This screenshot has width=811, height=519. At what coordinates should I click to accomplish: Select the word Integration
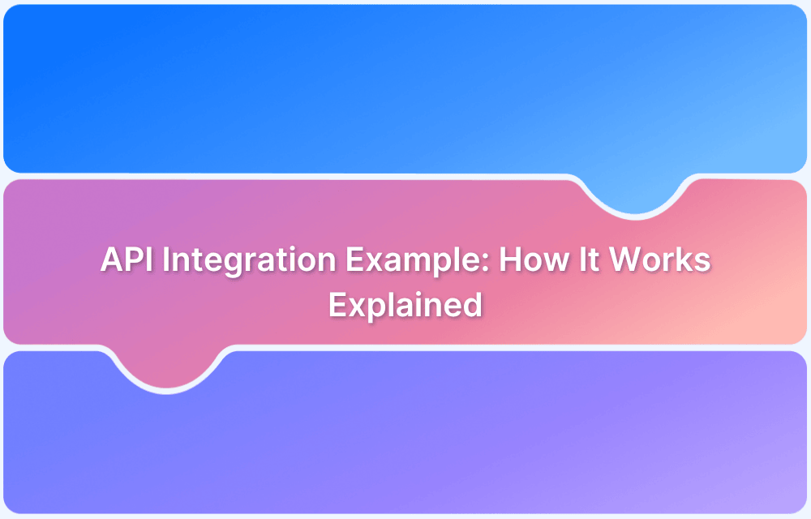[x=243, y=262]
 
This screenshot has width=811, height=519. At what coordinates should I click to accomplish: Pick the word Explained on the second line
[x=405, y=306]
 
